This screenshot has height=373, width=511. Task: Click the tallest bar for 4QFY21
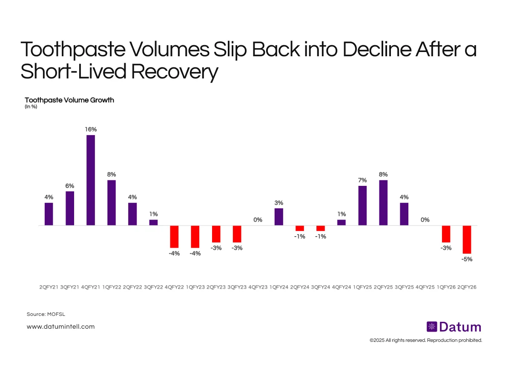(x=91, y=180)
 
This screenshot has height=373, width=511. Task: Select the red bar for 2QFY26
(x=467, y=240)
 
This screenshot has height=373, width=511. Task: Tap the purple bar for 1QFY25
(x=362, y=205)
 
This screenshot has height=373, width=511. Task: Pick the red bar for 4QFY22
(x=174, y=237)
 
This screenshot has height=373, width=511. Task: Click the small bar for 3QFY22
(x=153, y=223)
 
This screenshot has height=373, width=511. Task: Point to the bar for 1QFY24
(x=279, y=217)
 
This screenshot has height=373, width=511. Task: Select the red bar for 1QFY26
(x=446, y=234)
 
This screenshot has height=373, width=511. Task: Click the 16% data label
(x=90, y=129)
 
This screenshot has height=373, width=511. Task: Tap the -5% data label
(x=467, y=259)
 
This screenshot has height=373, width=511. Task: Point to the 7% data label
(x=362, y=180)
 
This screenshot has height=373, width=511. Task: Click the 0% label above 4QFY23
(x=258, y=220)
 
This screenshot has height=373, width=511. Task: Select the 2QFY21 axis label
(x=49, y=287)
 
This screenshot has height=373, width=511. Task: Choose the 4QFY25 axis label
(x=425, y=287)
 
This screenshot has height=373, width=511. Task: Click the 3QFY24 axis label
(x=321, y=287)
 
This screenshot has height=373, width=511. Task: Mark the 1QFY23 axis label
(x=195, y=287)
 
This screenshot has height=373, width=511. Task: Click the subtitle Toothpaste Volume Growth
(x=69, y=100)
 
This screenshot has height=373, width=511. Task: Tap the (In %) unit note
(x=31, y=107)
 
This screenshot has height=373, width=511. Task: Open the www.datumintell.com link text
(x=60, y=327)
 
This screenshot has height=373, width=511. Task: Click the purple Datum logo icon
(x=432, y=327)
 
